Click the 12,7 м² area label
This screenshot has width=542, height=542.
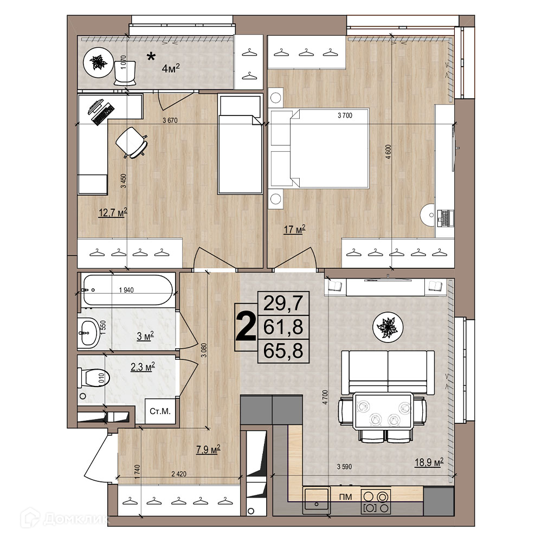pos(113,212)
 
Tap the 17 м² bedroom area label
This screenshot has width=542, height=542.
pos(294,229)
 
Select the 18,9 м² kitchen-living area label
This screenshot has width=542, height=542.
pos(429,462)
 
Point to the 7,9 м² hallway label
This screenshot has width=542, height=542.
pos(208,450)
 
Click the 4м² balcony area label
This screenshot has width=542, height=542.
pos(171,68)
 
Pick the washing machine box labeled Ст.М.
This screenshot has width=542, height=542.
pos(160,411)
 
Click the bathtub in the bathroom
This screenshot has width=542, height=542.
pos(127,289)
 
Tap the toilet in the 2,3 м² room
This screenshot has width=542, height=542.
pos(93,378)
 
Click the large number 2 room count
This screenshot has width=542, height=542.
pos(246,327)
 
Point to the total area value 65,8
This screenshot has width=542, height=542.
pos(283,351)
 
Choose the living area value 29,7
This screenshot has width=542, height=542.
pos(283,303)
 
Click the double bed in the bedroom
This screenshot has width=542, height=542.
pos(319,149)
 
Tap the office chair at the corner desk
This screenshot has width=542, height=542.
pos(131,143)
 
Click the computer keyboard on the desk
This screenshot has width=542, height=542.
pos(103,114)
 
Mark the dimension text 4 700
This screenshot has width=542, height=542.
pos(325,397)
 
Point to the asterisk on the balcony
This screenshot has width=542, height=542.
pos(151,57)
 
